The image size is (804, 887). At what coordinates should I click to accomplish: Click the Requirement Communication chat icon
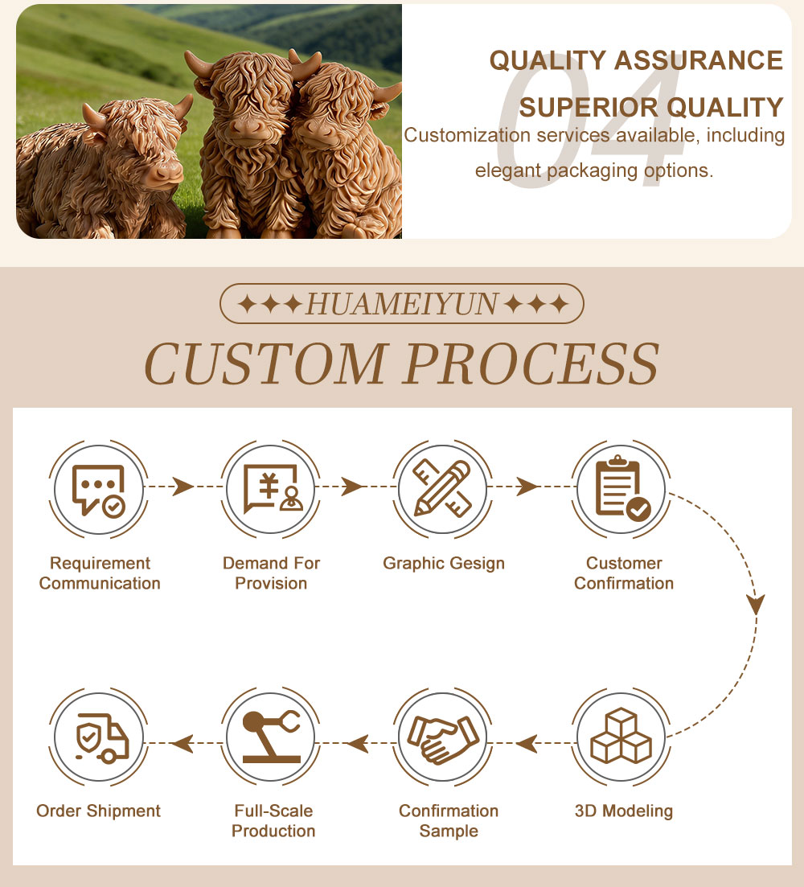coord(98,490)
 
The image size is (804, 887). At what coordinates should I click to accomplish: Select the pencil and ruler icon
coord(443,488)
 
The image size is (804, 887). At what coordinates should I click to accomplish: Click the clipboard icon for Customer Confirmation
coord(622,488)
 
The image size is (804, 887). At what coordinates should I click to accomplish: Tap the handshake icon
coord(443,739)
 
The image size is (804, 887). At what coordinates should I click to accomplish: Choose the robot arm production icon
coord(272,737)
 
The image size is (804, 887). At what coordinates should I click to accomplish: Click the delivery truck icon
coord(102,738)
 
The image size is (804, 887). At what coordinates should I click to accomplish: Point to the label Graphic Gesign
coord(444,564)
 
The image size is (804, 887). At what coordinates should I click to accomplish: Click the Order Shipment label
coord(98,811)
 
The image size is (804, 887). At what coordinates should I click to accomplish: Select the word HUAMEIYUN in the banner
coord(402,304)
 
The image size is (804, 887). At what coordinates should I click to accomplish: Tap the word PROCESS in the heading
coord(532,363)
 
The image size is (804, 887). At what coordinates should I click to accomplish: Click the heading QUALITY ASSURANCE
coord(636,60)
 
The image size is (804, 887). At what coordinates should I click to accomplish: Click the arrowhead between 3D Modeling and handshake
coord(527,743)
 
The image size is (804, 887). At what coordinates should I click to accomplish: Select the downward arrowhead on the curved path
coord(756,604)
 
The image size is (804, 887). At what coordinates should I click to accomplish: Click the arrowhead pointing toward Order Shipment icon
coord(182,743)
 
